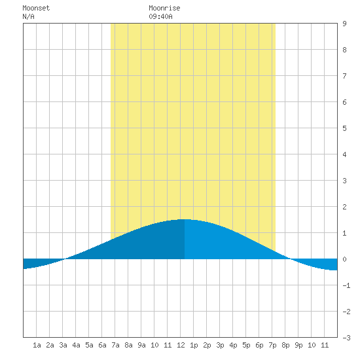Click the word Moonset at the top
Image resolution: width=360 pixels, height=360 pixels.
(x=36, y=9)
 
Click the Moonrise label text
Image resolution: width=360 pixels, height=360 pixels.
(x=164, y=9)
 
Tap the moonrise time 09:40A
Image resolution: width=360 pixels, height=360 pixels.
(x=160, y=17)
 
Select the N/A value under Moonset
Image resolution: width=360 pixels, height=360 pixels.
(x=28, y=17)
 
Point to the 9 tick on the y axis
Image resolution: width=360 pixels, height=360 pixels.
(x=344, y=24)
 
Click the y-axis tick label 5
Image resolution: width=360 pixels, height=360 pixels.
(x=344, y=128)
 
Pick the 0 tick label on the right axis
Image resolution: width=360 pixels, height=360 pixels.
(x=344, y=259)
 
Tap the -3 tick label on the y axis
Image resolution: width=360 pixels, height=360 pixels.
(x=346, y=338)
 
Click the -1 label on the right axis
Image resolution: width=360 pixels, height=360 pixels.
(x=346, y=285)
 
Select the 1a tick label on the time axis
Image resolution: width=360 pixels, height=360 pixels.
(x=37, y=345)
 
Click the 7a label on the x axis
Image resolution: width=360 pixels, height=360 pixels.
(x=115, y=345)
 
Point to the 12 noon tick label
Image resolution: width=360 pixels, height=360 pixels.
(x=181, y=345)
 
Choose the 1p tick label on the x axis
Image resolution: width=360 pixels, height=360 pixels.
(x=194, y=345)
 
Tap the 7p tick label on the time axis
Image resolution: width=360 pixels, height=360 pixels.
(x=272, y=345)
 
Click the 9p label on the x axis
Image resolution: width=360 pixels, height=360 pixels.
(x=298, y=345)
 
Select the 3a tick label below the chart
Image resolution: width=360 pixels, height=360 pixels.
(x=63, y=345)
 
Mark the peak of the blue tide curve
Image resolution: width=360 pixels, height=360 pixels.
(x=185, y=219)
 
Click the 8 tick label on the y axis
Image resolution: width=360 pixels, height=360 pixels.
(x=344, y=50)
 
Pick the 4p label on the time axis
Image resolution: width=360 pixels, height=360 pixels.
(x=233, y=345)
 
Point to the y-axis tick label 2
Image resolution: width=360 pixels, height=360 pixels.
(x=344, y=207)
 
